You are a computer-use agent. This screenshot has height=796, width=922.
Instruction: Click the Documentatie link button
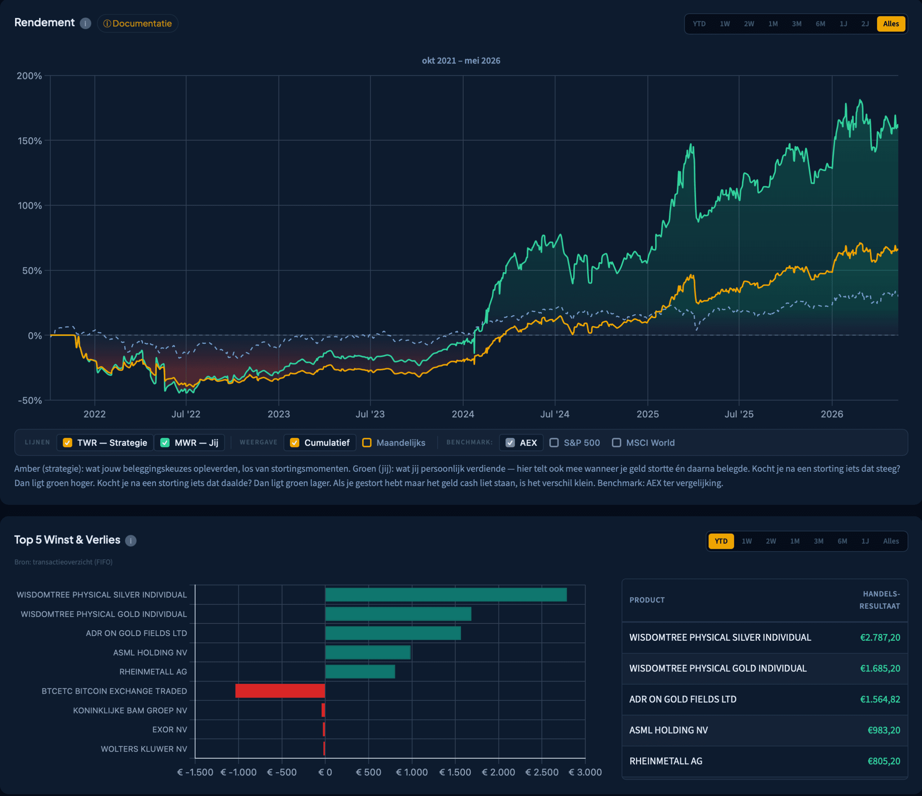(x=138, y=23)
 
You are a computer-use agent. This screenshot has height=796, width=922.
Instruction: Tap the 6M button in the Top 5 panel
(x=842, y=541)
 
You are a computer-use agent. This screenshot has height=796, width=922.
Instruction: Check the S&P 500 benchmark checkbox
(x=554, y=443)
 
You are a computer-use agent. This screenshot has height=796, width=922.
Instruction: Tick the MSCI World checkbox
(x=616, y=443)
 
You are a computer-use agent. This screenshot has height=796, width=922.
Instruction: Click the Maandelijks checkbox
(x=367, y=443)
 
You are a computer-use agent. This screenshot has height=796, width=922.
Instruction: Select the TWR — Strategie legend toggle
(x=105, y=443)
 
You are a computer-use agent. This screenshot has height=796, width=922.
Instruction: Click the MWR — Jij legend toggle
(x=189, y=443)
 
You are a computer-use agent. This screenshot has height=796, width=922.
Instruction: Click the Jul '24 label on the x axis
(x=554, y=414)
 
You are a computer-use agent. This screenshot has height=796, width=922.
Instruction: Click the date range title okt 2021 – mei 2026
(x=461, y=61)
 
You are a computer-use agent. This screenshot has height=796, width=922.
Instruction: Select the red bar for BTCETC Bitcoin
(x=280, y=691)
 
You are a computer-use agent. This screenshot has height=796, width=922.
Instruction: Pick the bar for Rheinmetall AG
(x=360, y=672)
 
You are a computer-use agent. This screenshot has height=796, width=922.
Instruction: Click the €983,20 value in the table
(x=884, y=730)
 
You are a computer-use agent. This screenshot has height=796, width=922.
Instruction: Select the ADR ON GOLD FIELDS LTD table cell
(x=682, y=699)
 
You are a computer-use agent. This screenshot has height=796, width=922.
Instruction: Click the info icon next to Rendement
(x=85, y=23)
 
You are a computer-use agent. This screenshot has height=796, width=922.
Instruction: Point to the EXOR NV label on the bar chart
(x=170, y=730)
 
